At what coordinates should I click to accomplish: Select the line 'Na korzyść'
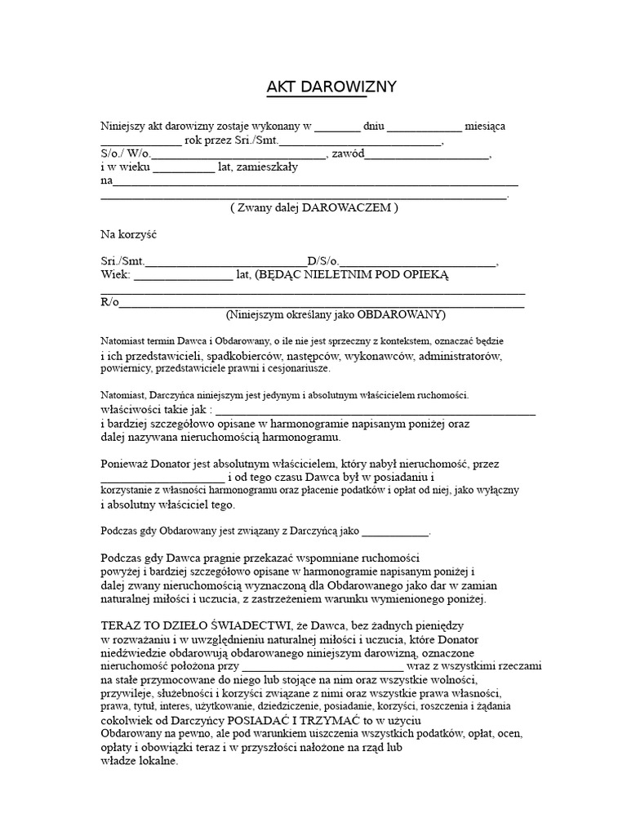tap(128, 235)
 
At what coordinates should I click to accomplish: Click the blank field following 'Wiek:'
tap(182, 277)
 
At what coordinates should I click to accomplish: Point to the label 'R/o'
tap(109, 302)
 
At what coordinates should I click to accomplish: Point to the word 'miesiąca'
tap(485, 127)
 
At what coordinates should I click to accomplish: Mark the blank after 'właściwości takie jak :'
tap(375, 411)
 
